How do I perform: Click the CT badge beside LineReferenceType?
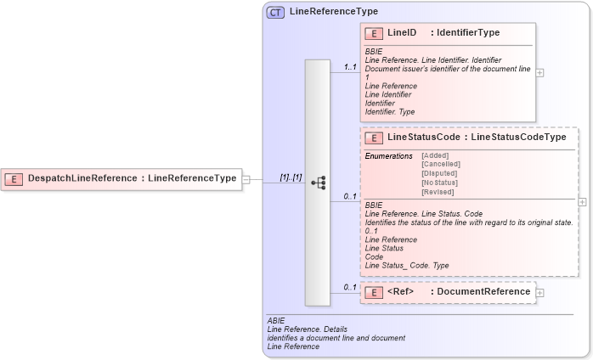tap(276, 12)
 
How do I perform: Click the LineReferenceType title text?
tap(333, 12)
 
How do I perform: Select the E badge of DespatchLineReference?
tap(14, 178)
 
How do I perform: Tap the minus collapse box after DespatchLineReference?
tap(246, 179)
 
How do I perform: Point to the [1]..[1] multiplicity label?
tap(291, 177)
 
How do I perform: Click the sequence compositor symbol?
tap(318, 183)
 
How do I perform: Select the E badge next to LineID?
tap(373, 33)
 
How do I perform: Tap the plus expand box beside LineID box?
tap(540, 72)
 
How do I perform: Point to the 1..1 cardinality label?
tap(349, 66)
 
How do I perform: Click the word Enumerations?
tap(388, 155)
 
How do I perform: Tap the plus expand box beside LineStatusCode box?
tap(582, 202)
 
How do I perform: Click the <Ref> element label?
tap(400, 292)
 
